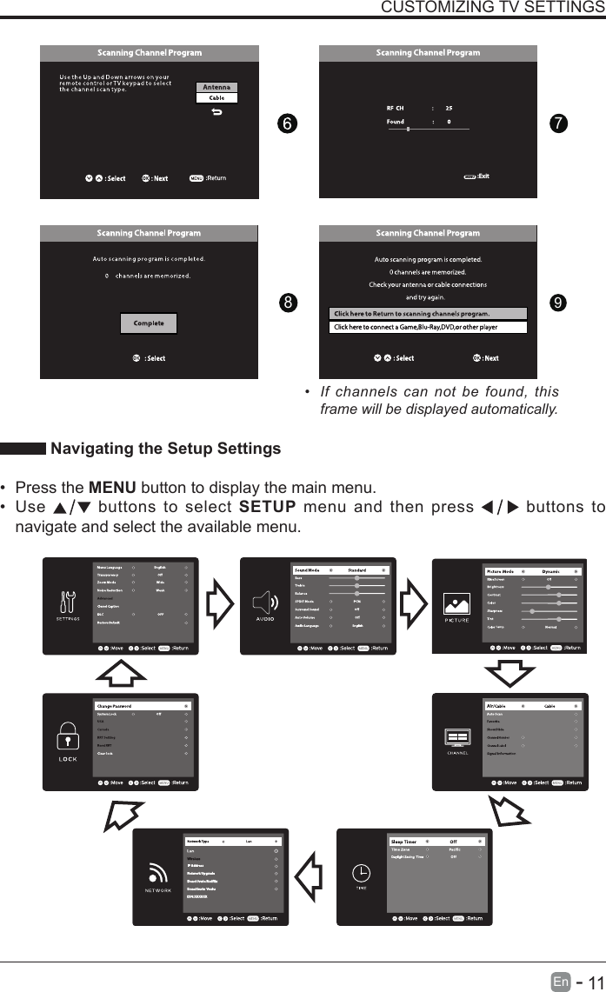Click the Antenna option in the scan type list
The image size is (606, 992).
point(216,88)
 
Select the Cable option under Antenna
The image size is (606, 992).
point(216,98)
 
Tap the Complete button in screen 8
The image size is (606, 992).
point(148,323)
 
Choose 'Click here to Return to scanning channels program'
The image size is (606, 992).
point(428,314)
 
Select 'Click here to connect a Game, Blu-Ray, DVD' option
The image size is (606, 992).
point(428,328)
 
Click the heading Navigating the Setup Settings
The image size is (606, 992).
point(165,449)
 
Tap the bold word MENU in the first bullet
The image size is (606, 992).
point(110,486)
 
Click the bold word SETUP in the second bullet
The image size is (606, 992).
point(266,507)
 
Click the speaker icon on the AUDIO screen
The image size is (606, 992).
point(265,602)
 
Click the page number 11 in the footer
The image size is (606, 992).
point(593,982)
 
